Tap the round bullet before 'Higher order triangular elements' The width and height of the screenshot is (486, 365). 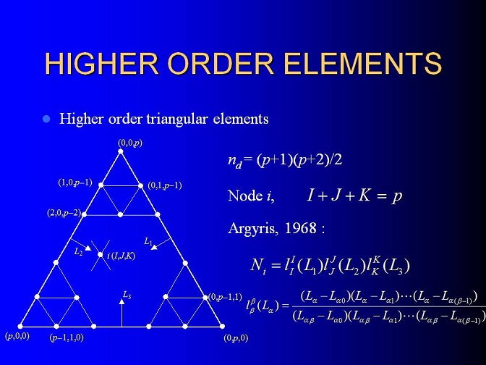[x=46, y=119]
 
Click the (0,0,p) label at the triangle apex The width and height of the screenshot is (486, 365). [x=130, y=143]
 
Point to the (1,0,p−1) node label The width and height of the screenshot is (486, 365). [x=75, y=182]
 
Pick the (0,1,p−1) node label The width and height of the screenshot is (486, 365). [x=165, y=185]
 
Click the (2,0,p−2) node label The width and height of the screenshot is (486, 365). [x=64, y=213]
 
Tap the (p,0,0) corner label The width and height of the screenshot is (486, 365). [x=17, y=336]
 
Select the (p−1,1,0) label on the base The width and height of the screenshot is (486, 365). [x=67, y=337]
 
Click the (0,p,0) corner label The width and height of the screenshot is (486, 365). [x=236, y=338]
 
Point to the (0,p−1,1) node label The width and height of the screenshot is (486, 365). [x=225, y=297]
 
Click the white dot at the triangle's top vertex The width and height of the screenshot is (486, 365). [x=121, y=151]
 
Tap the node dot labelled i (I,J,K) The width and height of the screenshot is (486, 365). [x=100, y=255]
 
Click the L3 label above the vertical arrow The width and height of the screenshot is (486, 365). [x=127, y=295]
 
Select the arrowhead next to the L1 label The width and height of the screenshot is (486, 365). [x=154, y=247]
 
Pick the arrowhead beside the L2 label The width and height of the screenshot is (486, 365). [x=88, y=248]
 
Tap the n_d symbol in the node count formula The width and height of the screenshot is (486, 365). [x=234, y=161]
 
